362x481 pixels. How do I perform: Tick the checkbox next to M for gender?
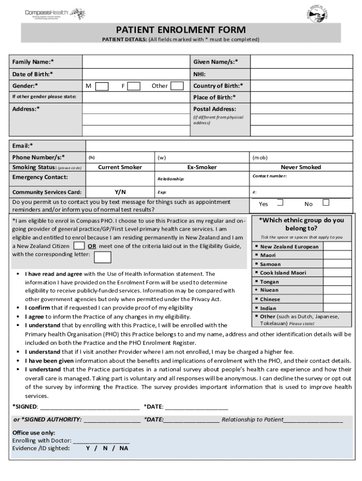coord(102,86)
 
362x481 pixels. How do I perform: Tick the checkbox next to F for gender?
coord(134,86)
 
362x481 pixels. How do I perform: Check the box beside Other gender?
coord(177,86)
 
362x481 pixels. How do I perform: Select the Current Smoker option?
coord(120,167)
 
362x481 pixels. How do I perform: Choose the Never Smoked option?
coord(301,167)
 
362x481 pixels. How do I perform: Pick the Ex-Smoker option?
coord(202,167)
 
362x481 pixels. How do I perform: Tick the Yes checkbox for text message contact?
coord(280,203)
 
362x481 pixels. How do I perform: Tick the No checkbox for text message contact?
coord(326,203)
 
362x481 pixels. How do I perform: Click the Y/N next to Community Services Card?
coord(120,192)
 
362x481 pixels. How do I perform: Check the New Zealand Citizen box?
coord(79,246)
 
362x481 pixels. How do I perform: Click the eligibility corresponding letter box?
coord(103,257)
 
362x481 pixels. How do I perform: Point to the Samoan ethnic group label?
coord(270,264)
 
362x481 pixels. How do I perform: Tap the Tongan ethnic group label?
coord(269,282)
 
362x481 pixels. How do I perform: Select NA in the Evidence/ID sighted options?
coord(124,448)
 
